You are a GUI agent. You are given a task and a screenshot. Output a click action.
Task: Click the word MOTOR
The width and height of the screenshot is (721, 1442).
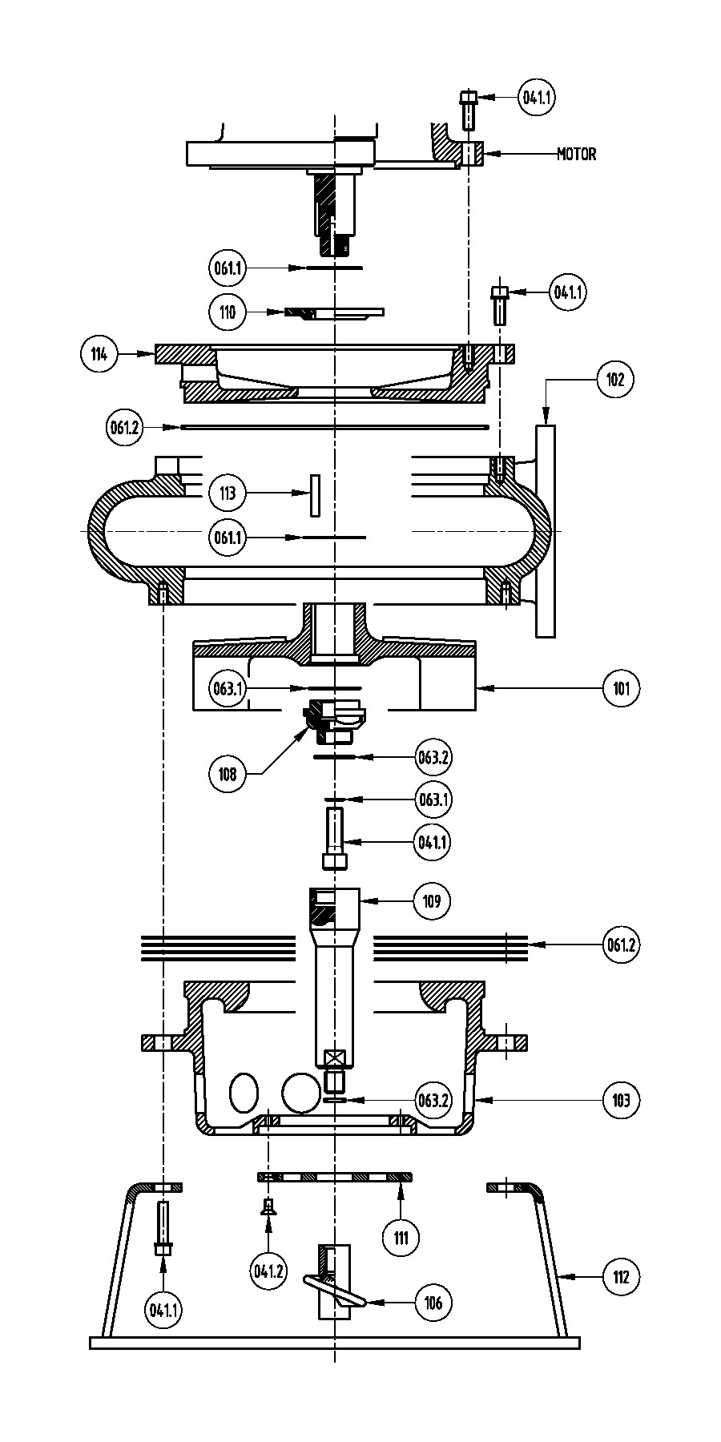tap(576, 154)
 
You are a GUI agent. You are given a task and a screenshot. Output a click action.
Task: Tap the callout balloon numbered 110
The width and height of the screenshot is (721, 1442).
tap(228, 311)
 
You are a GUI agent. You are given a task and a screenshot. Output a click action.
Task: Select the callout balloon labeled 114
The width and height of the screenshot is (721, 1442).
tap(99, 353)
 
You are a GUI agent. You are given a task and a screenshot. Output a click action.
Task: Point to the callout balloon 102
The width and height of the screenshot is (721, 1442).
tap(614, 380)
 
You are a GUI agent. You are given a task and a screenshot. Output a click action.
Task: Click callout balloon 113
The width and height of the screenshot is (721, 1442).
tap(228, 493)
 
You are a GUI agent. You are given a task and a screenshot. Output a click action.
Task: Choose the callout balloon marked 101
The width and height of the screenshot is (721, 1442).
tap(622, 688)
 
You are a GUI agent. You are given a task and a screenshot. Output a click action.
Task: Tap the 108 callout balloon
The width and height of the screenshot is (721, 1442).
tap(228, 775)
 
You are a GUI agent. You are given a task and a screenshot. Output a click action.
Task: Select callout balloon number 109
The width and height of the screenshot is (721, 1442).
tap(432, 901)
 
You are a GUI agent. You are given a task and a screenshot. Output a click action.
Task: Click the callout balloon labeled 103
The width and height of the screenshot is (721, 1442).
tap(622, 1100)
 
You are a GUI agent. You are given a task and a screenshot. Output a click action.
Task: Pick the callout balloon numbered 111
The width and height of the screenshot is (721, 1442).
tap(401, 1238)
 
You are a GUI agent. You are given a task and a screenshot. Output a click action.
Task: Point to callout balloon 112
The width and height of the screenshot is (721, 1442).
tap(622, 1277)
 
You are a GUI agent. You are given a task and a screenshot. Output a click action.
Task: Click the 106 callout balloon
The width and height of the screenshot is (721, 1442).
tap(433, 1303)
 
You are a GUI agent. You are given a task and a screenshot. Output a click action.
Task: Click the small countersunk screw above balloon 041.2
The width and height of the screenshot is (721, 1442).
tap(268, 1206)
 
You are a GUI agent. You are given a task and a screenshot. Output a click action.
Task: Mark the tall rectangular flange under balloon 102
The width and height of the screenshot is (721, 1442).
tap(546, 531)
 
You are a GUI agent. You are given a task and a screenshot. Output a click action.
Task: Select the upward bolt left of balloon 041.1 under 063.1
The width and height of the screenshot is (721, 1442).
tap(335, 838)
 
